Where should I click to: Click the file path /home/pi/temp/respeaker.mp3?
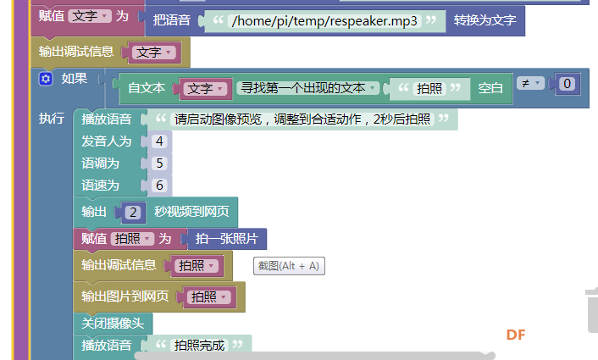point(324,20)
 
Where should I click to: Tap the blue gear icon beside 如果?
point(46,79)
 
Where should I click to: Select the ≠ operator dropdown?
point(530,83)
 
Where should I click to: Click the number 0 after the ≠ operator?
point(567,84)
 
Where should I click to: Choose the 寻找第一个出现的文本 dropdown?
point(307,88)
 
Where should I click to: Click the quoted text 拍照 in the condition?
point(429,88)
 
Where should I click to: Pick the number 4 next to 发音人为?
point(159,141)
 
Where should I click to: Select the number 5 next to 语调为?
point(159,163)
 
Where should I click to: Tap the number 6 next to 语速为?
point(159,186)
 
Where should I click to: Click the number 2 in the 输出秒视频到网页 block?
point(133,212)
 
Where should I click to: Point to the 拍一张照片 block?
point(227,239)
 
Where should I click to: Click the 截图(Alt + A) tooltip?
point(289,266)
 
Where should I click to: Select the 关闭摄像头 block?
point(113,324)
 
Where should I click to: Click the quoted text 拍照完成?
point(199,345)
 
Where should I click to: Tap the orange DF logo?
point(516,335)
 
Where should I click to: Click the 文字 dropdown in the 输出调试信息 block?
point(153,53)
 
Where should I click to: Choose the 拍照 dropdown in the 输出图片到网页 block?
point(208,296)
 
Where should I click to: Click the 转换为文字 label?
point(484,20)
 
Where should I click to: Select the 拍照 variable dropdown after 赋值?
point(132,239)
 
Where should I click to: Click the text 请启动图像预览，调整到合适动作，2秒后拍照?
point(302,119)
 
